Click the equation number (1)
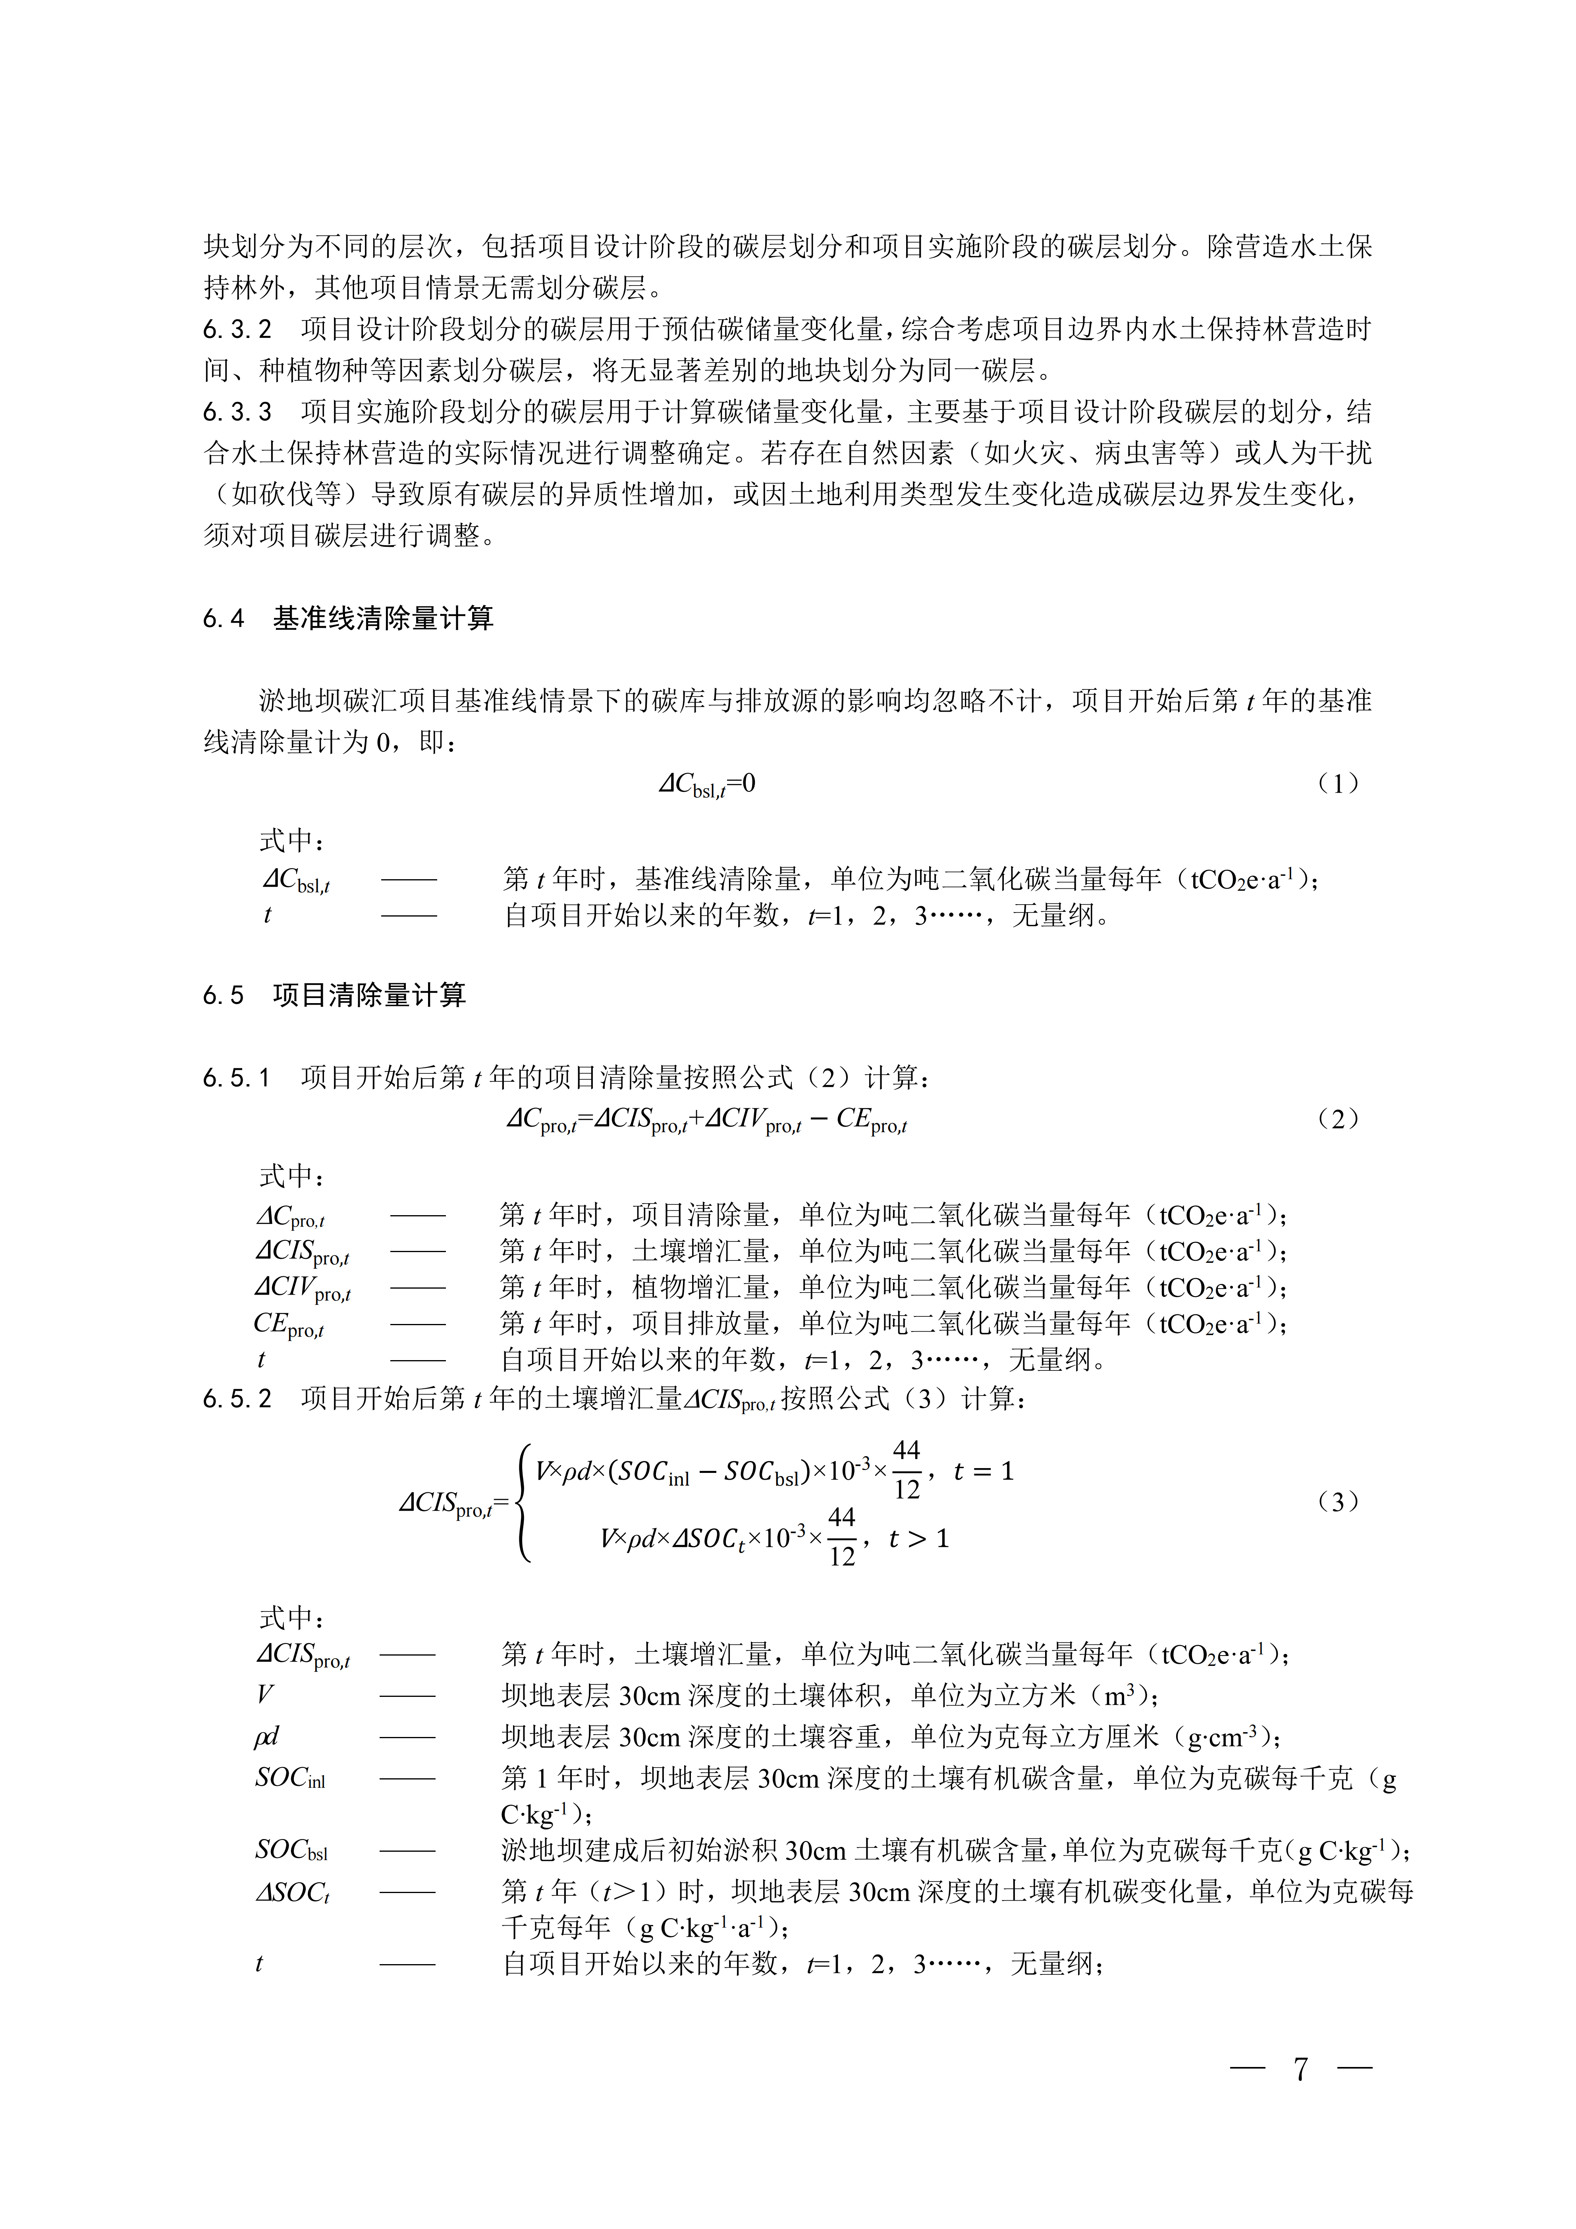1338,784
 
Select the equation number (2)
1338,1119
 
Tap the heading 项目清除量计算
370,995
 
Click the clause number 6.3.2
238,330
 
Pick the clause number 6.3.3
238,413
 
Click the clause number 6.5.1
238,1078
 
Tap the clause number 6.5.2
238,1399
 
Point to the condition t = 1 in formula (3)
983,1472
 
